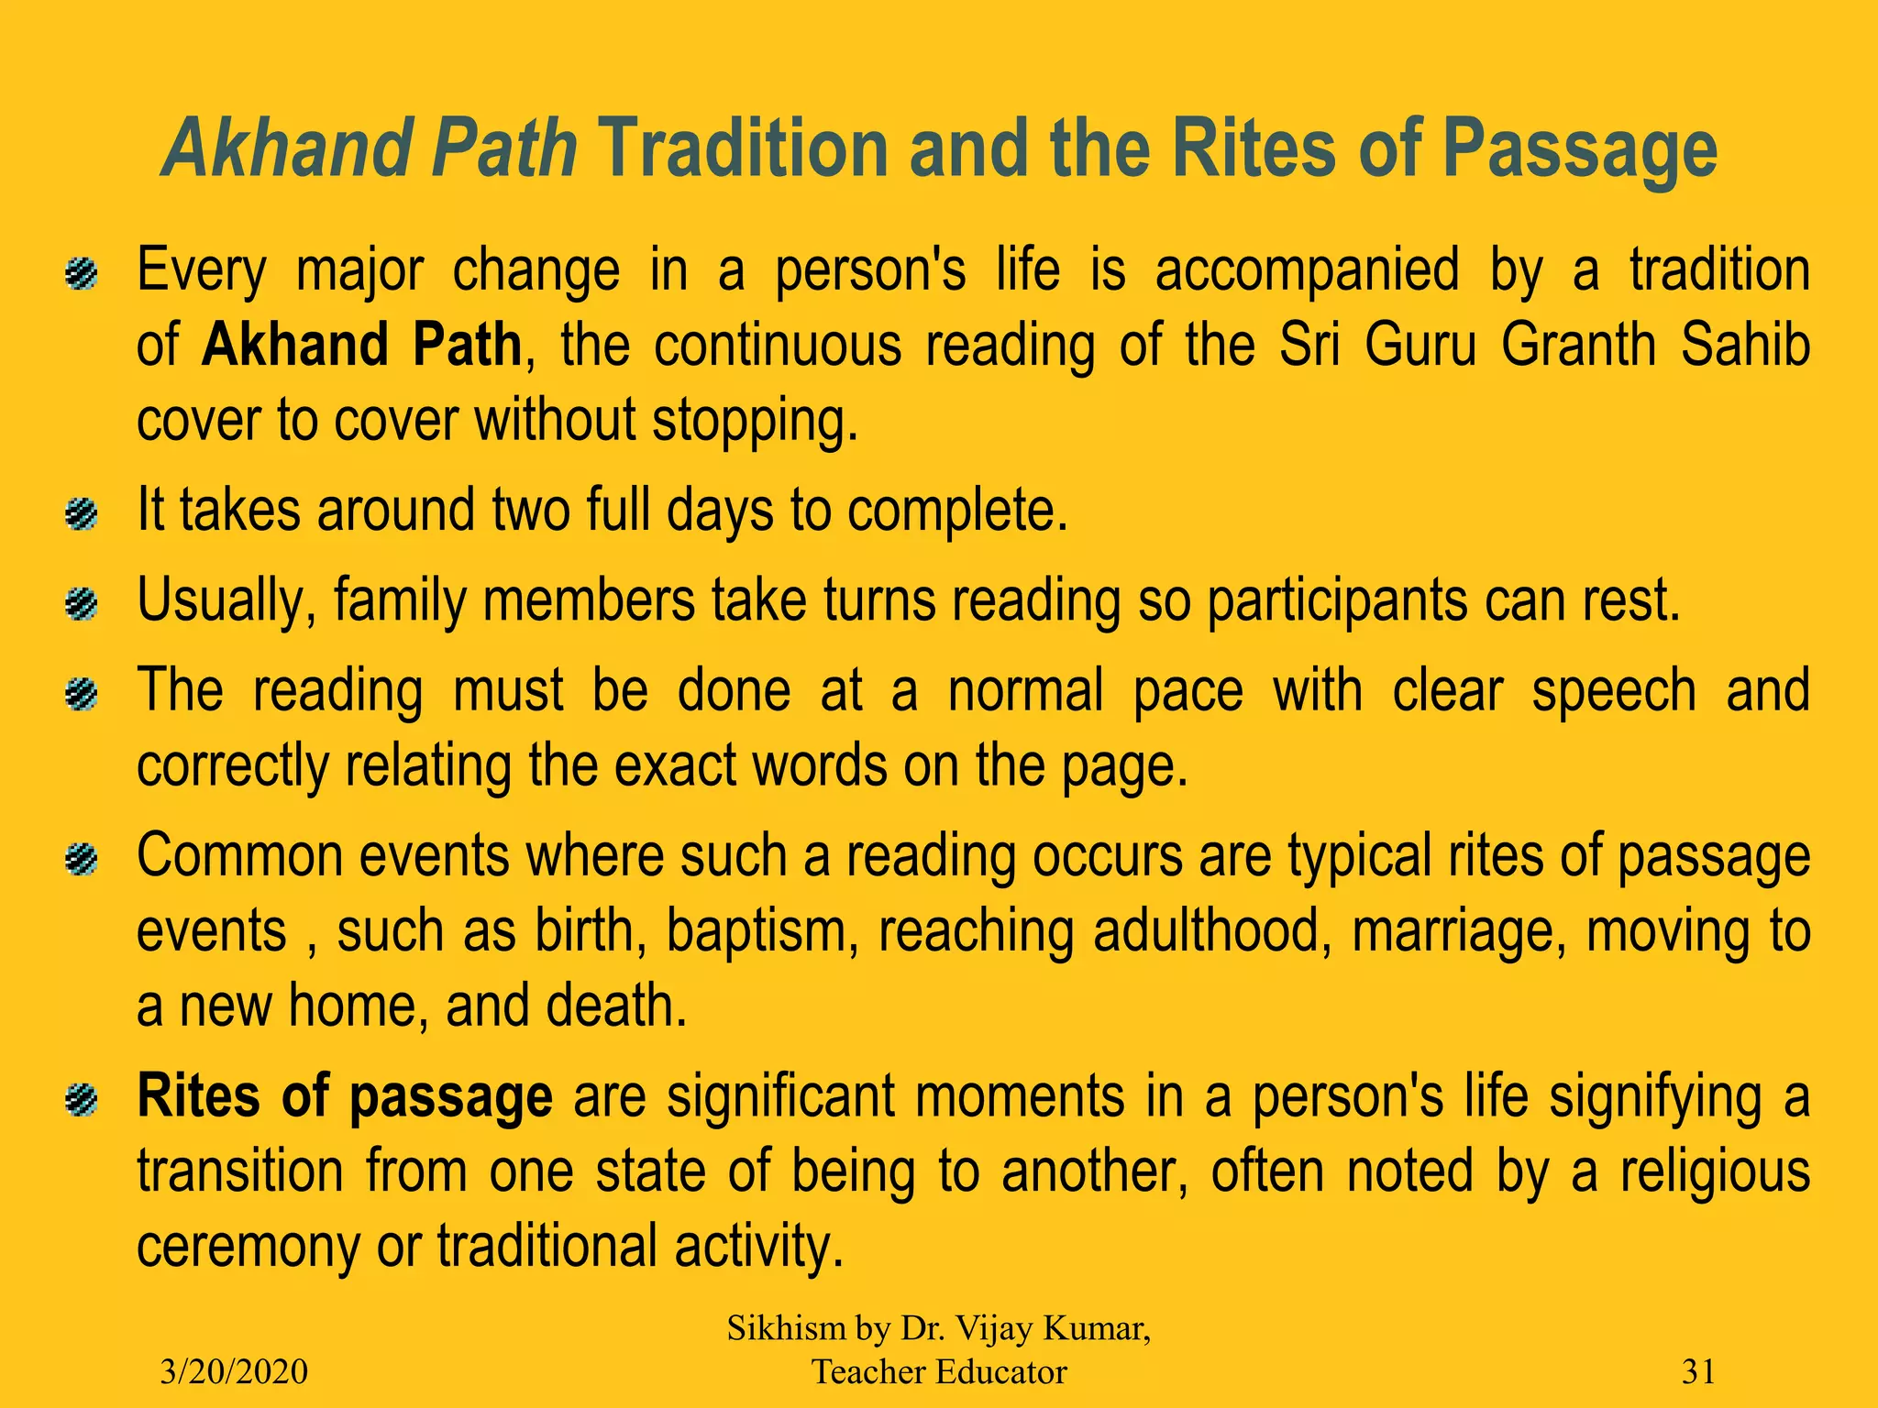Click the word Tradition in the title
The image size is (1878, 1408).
(x=744, y=148)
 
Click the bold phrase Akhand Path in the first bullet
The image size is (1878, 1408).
(x=361, y=346)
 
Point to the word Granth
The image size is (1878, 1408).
(x=1576, y=346)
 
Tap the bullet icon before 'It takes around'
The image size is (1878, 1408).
(x=83, y=513)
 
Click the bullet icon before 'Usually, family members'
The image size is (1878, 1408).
(x=83, y=604)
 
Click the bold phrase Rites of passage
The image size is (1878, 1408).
(x=345, y=1097)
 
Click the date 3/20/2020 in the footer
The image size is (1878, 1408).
(x=234, y=1371)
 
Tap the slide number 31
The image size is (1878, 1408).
(x=1698, y=1371)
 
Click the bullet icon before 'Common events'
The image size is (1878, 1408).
(x=83, y=860)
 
